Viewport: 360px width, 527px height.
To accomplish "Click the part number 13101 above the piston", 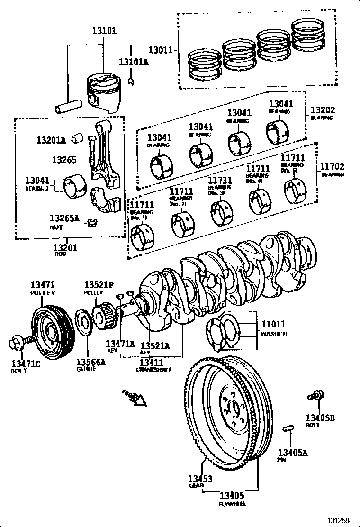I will tap(104, 31).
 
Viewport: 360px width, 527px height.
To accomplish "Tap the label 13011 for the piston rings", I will tap(159, 49).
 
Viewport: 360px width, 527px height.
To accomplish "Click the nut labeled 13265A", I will tap(93, 221).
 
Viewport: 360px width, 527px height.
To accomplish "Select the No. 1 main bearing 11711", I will tap(143, 235).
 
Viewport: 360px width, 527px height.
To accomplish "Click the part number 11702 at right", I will tap(332, 166).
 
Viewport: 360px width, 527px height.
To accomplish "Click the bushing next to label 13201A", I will tap(77, 138).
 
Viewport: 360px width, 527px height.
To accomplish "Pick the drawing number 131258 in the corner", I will tap(339, 520).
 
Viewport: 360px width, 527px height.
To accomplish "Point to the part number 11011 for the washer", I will tap(274, 325).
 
